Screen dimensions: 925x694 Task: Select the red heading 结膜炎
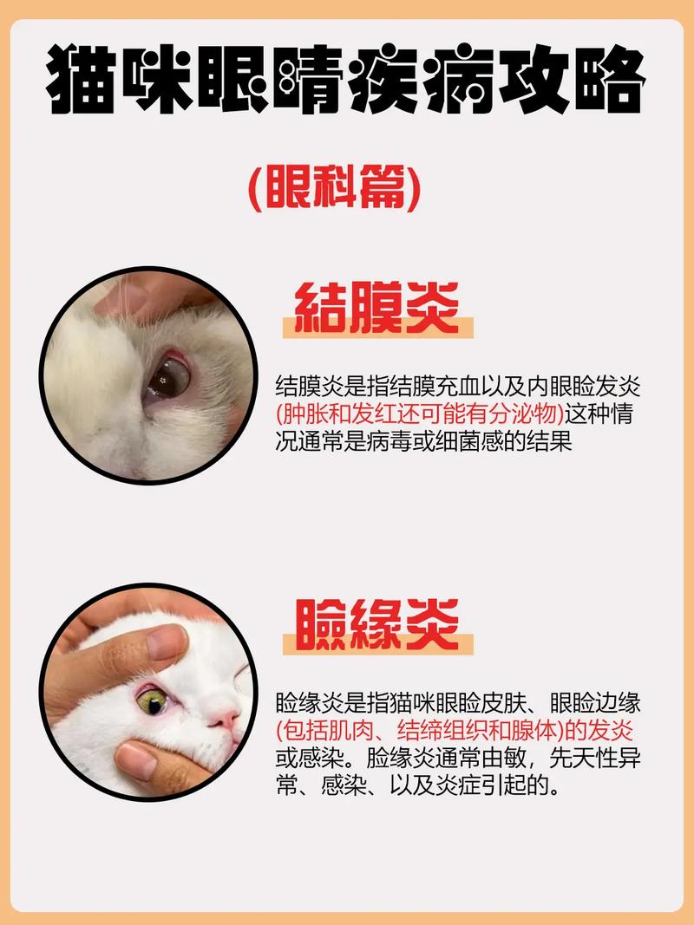(377, 308)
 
